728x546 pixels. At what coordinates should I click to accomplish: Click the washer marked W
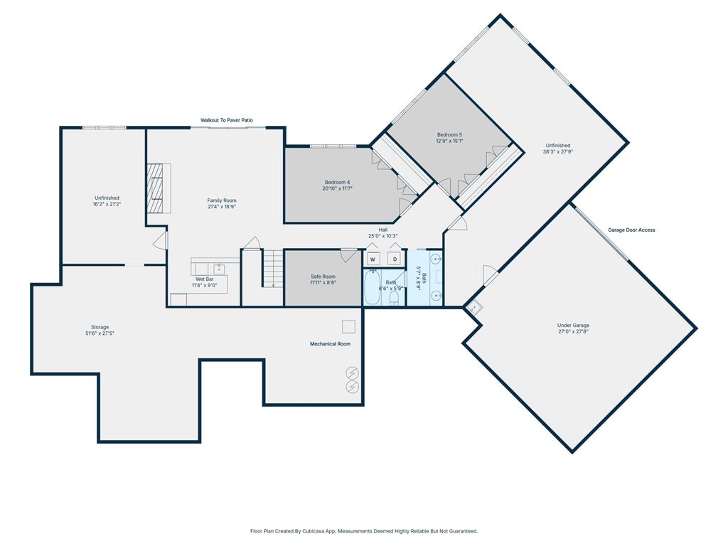point(373,259)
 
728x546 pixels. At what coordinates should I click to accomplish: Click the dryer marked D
point(394,259)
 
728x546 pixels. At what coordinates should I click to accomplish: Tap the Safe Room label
point(323,277)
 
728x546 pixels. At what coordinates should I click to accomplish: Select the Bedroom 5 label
point(449,134)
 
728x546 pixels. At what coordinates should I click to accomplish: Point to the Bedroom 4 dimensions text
point(337,188)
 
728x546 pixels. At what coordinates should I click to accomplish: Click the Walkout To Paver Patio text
point(226,121)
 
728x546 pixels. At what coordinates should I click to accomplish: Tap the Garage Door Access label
point(631,230)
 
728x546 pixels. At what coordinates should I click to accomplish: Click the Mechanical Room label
point(330,344)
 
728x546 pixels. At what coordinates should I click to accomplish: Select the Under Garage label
point(573,325)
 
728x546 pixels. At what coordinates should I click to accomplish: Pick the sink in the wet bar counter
point(220,269)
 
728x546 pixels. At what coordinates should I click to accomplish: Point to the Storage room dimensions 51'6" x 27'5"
point(100,333)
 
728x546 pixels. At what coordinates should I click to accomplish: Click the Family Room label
point(222,200)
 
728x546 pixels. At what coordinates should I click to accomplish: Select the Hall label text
point(382,230)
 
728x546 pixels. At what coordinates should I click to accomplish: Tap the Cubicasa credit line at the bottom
point(364,531)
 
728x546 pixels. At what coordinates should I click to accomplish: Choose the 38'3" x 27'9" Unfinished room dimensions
point(558,151)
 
